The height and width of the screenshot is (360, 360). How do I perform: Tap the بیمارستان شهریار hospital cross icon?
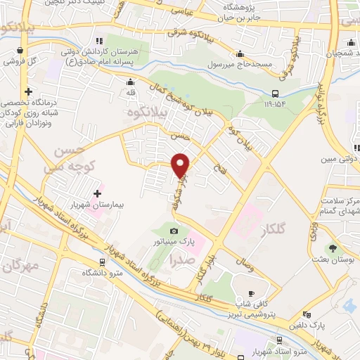click(97, 193)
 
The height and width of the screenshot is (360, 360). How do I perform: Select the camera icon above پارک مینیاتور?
click(174, 231)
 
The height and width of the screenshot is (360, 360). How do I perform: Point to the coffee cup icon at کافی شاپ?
click(252, 292)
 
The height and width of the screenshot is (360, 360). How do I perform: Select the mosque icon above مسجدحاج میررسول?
click(240, 54)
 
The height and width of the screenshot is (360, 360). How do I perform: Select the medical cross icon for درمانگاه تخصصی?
click(28, 91)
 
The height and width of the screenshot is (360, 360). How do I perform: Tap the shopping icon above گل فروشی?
click(20, 51)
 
